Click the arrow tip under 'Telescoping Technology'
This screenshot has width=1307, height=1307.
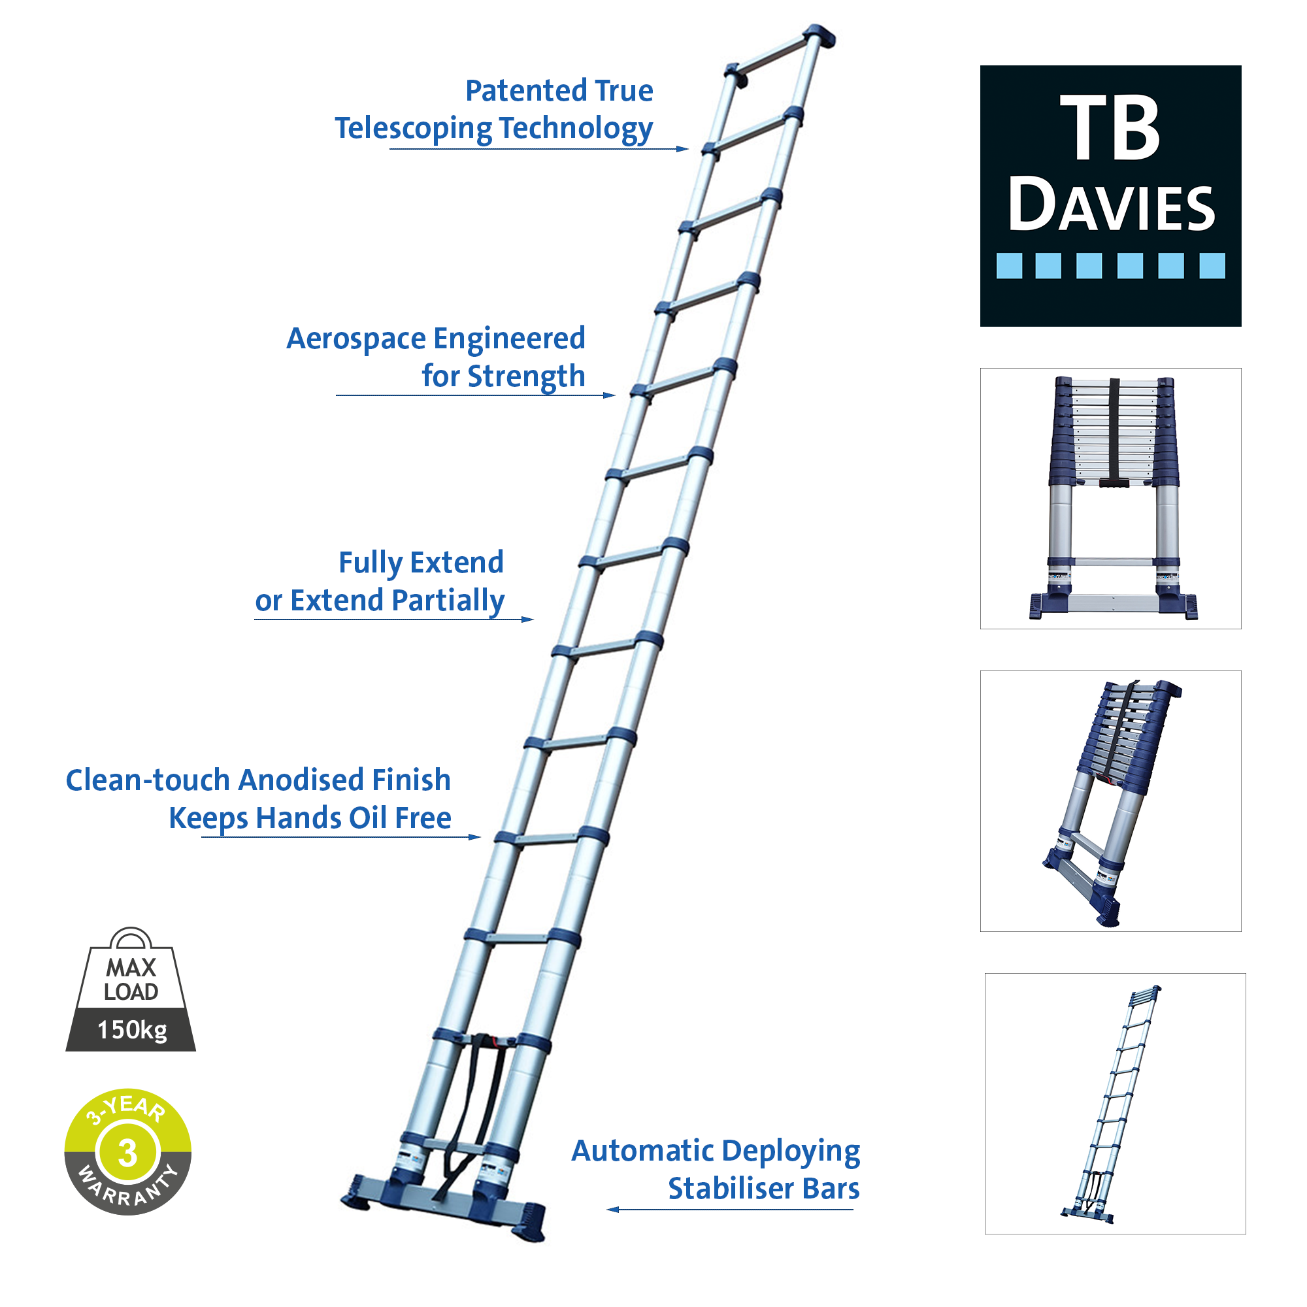tap(689, 149)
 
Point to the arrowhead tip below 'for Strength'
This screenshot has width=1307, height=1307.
tap(616, 396)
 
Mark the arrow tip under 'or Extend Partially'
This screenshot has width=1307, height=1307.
tap(534, 620)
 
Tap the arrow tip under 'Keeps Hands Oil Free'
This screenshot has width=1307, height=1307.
tap(481, 838)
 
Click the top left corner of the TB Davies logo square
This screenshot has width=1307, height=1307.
tap(981, 65)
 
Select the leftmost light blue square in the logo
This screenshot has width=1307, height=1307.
tap(1010, 266)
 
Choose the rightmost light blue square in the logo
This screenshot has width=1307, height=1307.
tap(1213, 266)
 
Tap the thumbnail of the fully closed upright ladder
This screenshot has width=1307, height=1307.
tap(1112, 499)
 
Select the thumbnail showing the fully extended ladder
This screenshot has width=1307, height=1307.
tap(1116, 1104)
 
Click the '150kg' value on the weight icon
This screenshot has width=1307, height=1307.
tap(132, 1031)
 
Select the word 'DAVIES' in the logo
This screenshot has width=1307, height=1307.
tap(1112, 205)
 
